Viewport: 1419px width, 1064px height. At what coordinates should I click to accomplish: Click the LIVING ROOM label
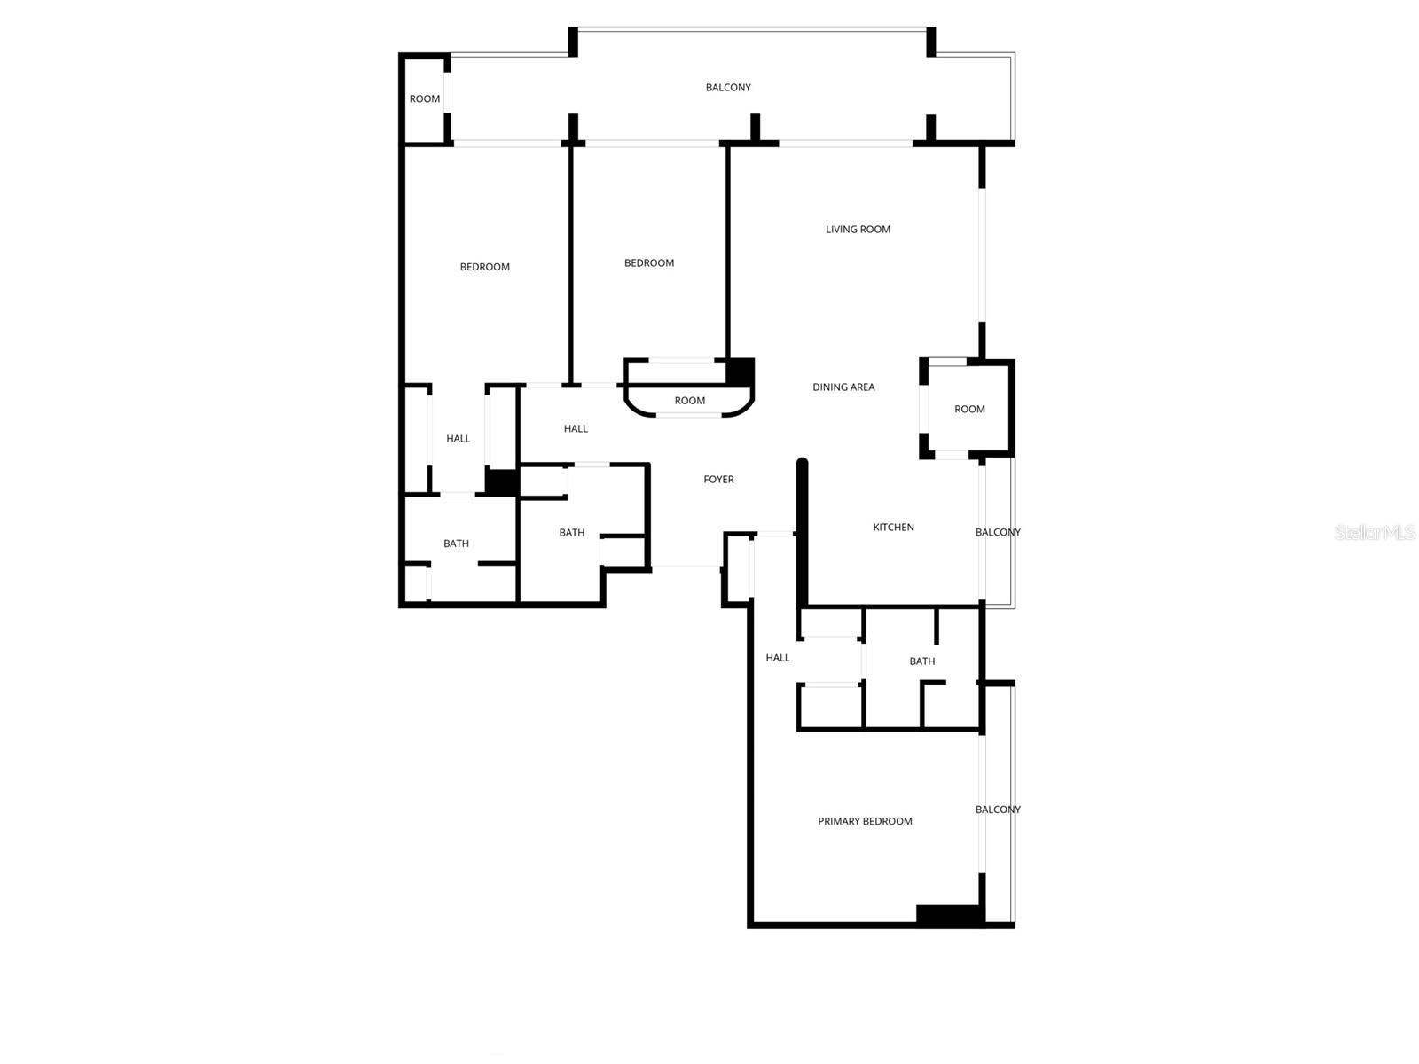coord(858,229)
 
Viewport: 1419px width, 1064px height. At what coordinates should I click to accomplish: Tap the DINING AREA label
coord(843,387)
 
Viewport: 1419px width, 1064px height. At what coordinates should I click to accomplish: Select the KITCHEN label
coord(893,527)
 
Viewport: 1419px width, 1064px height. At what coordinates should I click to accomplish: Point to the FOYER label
coord(718,479)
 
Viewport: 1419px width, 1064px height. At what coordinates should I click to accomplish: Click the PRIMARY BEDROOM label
coord(865,821)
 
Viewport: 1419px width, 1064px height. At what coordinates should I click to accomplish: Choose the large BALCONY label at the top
coord(728,87)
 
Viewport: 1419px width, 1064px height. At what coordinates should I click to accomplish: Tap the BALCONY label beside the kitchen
coord(998,532)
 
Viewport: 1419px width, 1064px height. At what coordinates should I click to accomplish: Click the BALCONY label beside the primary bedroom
coord(998,810)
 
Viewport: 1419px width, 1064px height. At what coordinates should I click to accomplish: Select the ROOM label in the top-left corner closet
coord(425,98)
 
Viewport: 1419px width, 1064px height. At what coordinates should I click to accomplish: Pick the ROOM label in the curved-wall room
coord(689,401)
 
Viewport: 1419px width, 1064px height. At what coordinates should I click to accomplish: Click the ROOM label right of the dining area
coord(969,409)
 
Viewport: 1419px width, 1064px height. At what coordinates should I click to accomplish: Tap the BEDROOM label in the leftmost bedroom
coord(484,267)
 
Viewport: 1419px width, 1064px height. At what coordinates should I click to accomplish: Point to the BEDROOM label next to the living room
coord(648,262)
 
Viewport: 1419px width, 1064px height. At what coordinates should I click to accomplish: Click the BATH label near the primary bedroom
coord(921,661)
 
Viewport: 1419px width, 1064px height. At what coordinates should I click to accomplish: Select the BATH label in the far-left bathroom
coord(456,544)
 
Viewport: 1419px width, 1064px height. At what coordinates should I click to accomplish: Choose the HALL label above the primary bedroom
coord(777,657)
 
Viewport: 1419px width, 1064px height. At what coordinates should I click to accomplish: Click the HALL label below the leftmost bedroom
coord(458,438)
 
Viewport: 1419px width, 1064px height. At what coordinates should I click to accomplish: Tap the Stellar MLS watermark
coord(1374,532)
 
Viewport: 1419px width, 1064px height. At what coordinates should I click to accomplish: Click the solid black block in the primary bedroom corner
coord(948,914)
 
